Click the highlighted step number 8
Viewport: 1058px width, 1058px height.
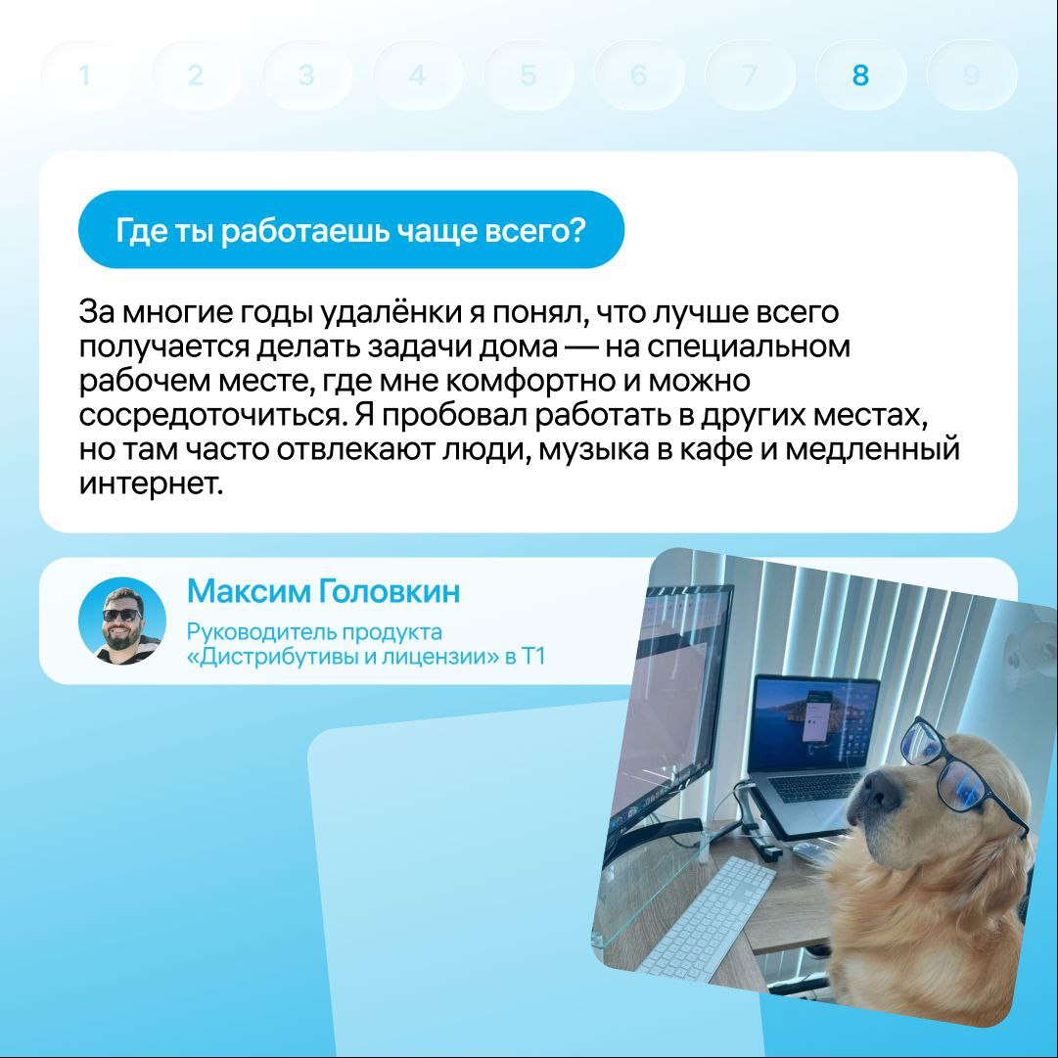(x=859, y=75)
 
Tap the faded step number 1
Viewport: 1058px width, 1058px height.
(x=84, y=75)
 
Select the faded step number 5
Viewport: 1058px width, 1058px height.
(x=529, y=75)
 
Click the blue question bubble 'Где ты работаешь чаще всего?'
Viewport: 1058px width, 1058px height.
(x=350, y=230)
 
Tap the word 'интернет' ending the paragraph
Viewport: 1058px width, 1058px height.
(x=151, y=483)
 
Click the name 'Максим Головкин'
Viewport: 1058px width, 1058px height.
(x=323, y=591)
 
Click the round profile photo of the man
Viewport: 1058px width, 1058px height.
(x=122, y=621)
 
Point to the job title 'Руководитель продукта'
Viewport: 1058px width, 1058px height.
(x=314, y=632)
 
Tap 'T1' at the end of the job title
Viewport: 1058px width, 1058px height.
(x=533, y=657)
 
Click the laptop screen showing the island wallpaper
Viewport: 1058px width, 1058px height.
(x=813, y=724)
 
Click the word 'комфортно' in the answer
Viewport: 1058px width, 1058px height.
(x=529, y=382)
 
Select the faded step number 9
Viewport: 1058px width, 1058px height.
(x=971, y=75)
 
